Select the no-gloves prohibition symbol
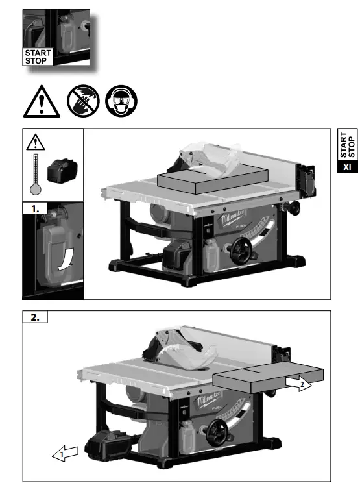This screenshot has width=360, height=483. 82,101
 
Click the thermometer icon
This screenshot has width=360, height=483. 36,176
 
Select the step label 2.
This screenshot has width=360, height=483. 35,317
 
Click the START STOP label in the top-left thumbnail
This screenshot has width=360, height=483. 38,56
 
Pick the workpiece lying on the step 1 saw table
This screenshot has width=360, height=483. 212,177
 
